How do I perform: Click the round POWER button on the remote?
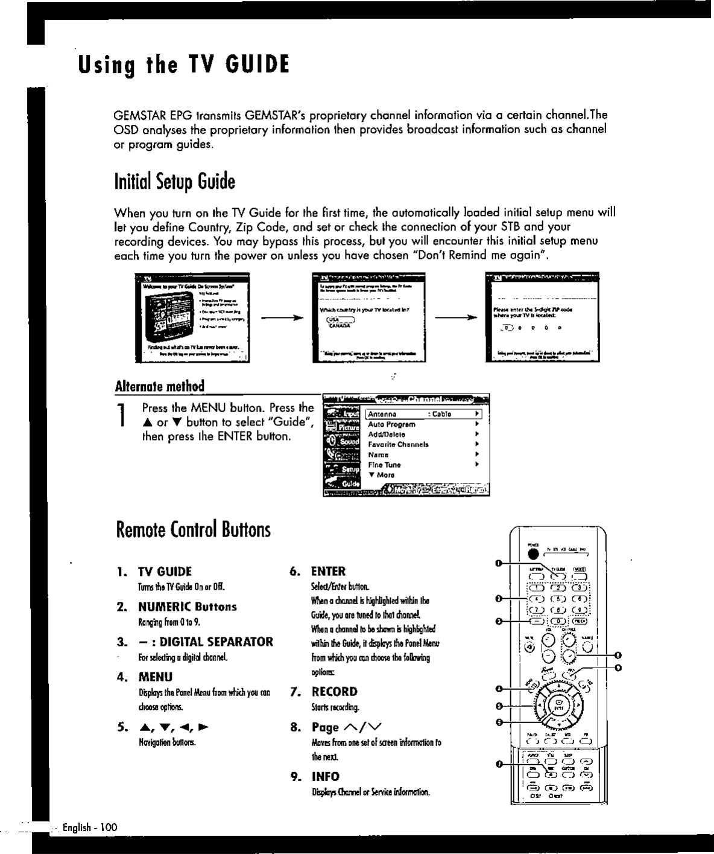[532, 553]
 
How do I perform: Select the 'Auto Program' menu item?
[392, 424]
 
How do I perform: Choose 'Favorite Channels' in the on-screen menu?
[398, 444]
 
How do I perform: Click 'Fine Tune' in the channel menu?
[384, 465]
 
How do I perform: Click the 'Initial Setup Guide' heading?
[174, 181]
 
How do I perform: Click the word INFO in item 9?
[325, 776]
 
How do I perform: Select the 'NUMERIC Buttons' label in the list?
[187, 607]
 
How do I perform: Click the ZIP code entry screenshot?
[543, 317]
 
